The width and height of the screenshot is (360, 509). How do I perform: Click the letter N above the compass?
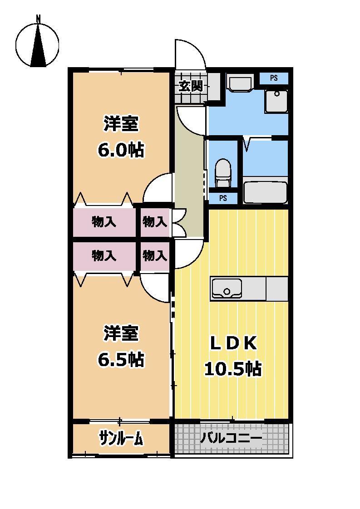click(x=39, y=19)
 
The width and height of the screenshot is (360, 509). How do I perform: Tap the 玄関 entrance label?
click(x=190, y=86)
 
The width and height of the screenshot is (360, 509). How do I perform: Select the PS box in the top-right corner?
click(x=273, y=78)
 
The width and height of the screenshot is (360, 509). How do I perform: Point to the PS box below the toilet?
click(x=223, y=198)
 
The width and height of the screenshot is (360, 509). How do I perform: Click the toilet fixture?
click(x=223, y=172)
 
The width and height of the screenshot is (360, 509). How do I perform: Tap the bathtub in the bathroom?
click(x=265, y=192)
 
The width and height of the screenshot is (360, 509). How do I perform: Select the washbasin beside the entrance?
click(x=240, y=84)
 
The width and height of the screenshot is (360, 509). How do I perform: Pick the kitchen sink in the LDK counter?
click(x=227, y=288)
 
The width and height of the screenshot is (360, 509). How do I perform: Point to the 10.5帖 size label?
click(x=232, y=369)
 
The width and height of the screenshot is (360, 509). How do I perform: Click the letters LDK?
click(x=233, y=344)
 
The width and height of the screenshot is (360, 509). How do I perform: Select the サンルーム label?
click(x=121, y=438)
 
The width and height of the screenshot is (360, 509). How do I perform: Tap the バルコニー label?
click(x=231, y=438)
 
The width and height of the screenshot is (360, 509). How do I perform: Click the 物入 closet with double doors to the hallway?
click(x=155, y=222)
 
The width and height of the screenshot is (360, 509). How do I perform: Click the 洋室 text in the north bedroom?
click(x=121, y=124)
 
